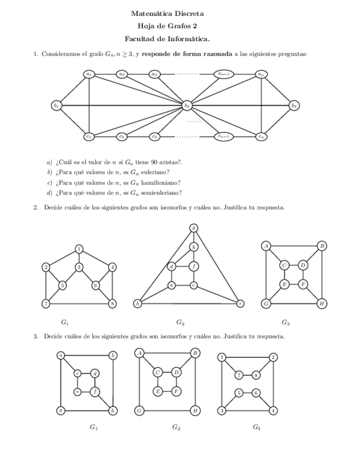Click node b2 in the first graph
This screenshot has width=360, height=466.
[x=187, y=104]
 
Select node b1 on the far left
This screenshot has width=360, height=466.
[x=56, y=104]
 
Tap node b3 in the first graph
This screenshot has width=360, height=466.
[x=295, y=104]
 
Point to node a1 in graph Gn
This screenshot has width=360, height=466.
[x=88, y=74]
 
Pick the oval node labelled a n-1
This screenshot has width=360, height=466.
[x=223, y=74]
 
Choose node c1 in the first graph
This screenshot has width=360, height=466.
[x=88, y=136]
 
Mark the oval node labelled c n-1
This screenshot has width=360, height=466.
[x=223, y=136]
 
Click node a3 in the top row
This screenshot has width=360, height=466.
[x=154, y=74]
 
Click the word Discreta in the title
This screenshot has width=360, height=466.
[x=189, y=13]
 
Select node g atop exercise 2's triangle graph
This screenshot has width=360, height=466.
[x=193, y=228]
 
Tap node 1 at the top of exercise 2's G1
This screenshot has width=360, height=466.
[x=79, y=249]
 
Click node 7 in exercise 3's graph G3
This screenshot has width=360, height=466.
[x=239, y=375]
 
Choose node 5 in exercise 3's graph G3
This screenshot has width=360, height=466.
[x=239, y=392]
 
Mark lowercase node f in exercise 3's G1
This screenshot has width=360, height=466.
[x=95, y=391]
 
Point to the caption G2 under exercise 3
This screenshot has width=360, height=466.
[x=176, y=427]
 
